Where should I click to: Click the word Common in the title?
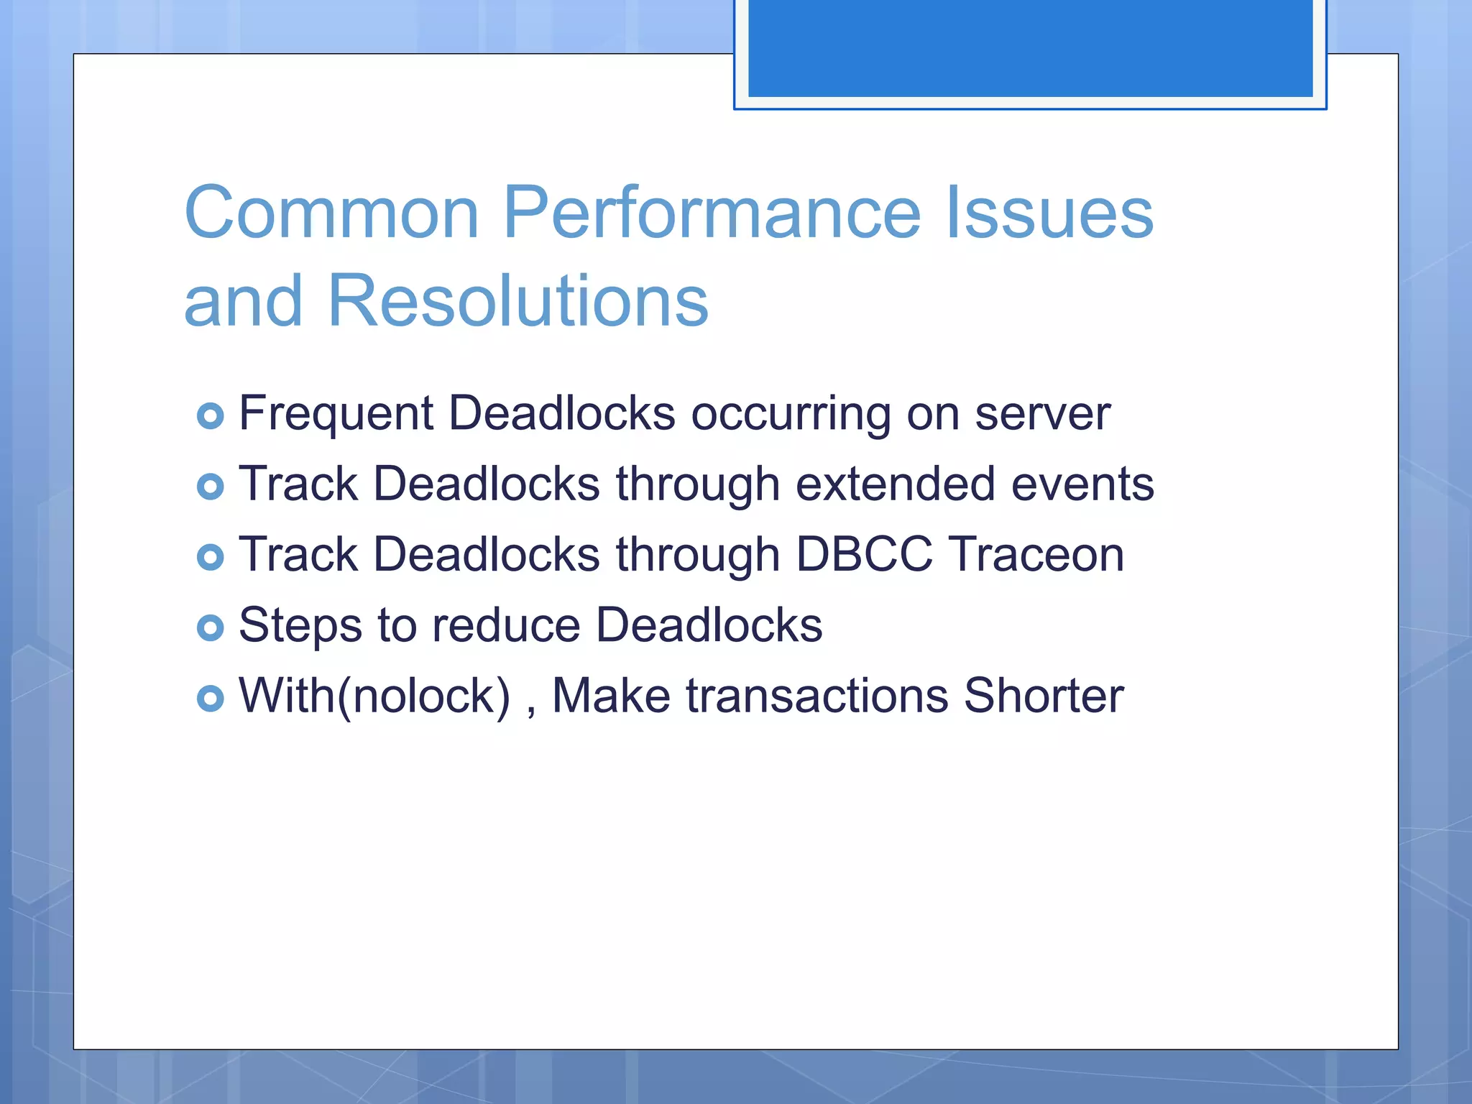click(331, 213)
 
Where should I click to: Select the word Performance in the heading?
click(712, 213)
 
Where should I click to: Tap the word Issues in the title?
click(1049, 213)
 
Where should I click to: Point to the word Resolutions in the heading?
click(517, 300)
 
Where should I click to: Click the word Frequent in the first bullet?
click(336, 414)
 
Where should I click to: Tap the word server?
click(1042, 415)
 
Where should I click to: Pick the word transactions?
click(816, 696)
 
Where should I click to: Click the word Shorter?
click(1043, 696)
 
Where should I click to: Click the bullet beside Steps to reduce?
click(210, 627)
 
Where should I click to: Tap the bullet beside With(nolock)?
click(210, 698)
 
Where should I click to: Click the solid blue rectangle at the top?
click(1030, 47)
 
